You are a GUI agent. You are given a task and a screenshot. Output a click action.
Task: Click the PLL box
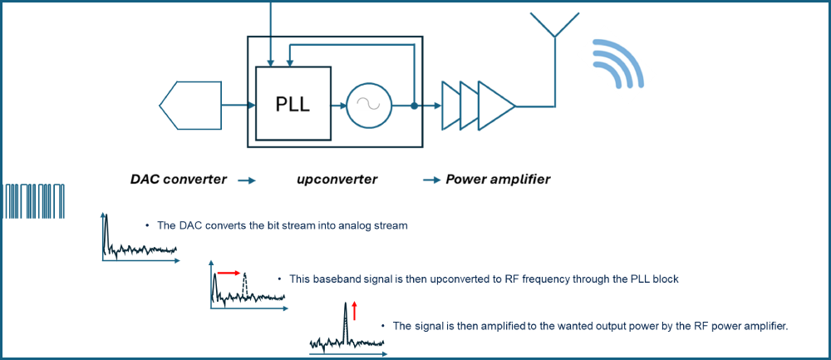tap(293, 105)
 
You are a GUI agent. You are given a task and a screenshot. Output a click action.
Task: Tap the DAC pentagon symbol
tap(190, 105)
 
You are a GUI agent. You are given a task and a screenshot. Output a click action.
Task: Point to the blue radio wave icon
tap(616, 63)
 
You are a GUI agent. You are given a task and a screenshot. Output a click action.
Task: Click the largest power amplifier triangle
tap(495, 106)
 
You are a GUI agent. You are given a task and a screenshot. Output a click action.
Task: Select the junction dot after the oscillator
tap(415, 106)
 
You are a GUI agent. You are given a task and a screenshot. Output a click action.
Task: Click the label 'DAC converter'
tap(178, 180)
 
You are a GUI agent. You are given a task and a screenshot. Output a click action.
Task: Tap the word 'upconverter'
tap(337, 180)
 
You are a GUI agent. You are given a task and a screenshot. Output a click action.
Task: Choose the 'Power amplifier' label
tap(498, 180)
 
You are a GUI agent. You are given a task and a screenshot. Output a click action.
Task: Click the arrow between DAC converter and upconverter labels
tap(247, 180)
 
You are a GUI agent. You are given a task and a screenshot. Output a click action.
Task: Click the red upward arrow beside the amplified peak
tap(354, 311)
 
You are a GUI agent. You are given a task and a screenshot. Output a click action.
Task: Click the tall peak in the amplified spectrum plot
tap(345, 320)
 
